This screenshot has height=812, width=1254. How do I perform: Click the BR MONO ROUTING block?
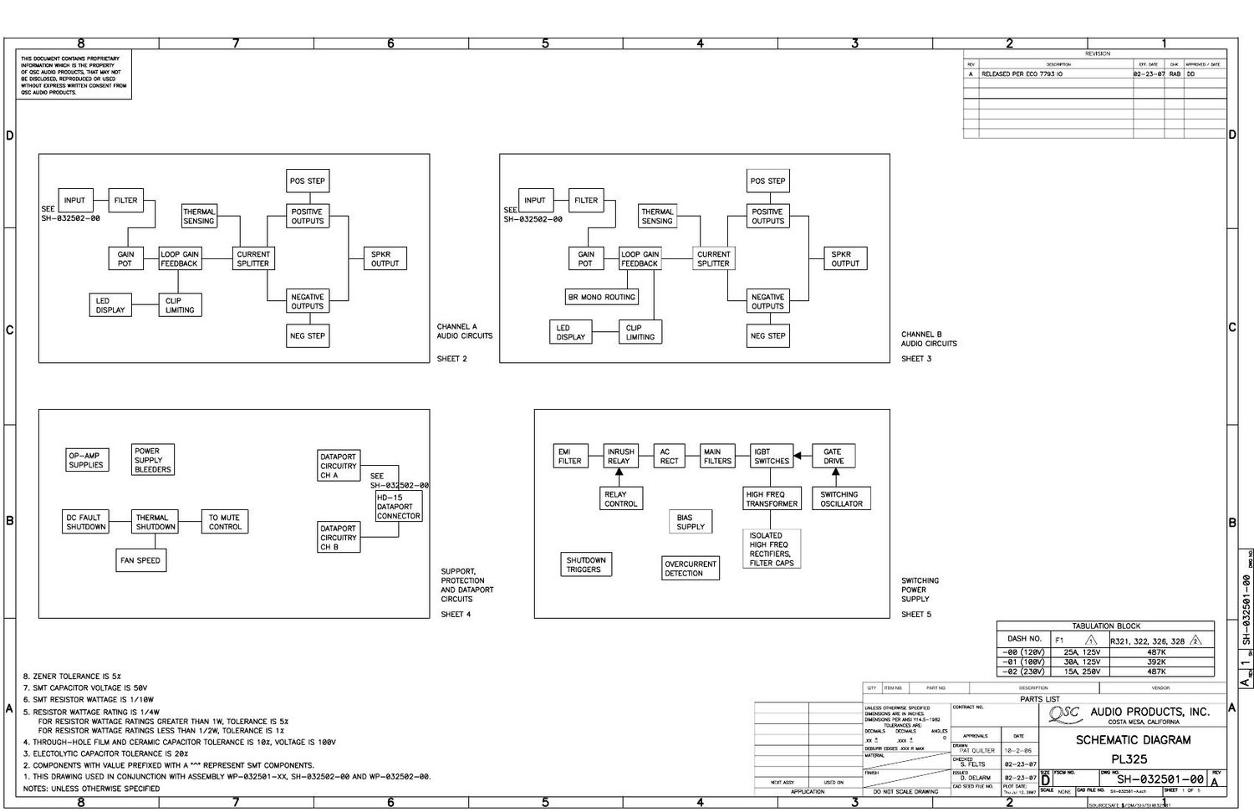click(602, 297)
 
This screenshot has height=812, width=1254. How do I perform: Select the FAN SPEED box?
click(140, 560)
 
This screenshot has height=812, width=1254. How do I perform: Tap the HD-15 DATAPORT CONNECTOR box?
click(399, 506)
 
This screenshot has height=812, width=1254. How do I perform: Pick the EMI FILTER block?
click(569, 456)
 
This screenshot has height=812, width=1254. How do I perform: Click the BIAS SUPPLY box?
click(691, 522)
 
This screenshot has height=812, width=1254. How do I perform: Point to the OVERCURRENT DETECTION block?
click(691, 569)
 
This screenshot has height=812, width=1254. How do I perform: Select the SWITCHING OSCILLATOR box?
click(841, 498)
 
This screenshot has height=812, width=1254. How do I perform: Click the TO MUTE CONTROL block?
click(225, 522)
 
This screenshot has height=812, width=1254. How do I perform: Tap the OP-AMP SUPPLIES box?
click(86, 460)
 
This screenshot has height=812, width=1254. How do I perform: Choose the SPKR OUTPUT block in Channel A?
click(385, 258)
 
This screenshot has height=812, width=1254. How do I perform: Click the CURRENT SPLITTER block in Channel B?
click(713, 258)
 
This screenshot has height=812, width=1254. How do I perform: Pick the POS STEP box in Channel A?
click(308, 181)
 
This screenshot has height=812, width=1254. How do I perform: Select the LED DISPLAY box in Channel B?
click(570, 332)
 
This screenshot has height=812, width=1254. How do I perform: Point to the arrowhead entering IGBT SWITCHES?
click(798, 456)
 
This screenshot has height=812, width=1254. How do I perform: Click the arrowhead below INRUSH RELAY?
click(619, 472)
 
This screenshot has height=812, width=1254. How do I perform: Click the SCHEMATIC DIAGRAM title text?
click(1133, 740)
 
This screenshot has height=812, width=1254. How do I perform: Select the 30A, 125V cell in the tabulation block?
click(1082, 661)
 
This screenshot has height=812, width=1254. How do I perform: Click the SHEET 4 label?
click(456, 615)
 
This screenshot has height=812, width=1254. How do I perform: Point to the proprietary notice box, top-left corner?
click(74, 75)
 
